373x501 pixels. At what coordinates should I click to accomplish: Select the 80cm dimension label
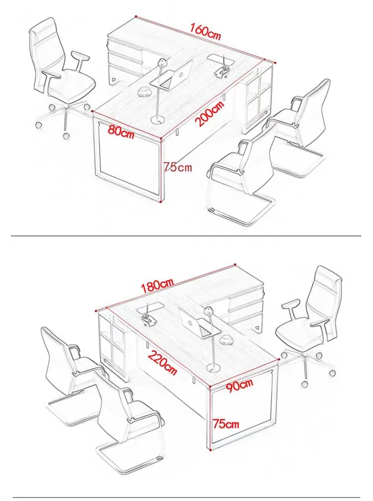tap(121, 133)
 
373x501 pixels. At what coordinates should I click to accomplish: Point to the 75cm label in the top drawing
tap(178, 167)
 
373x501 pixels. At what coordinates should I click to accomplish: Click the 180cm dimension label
tap(157, 285)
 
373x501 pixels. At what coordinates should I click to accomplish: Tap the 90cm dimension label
tap(239, 384)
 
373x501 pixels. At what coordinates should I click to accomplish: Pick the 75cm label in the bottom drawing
tap(226, 424)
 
